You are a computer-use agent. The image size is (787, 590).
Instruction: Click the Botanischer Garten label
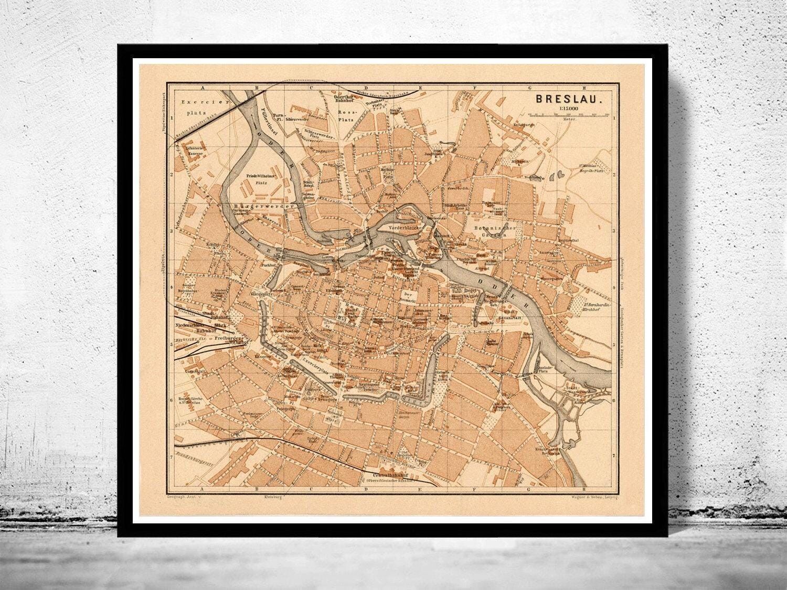coord(489,231)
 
